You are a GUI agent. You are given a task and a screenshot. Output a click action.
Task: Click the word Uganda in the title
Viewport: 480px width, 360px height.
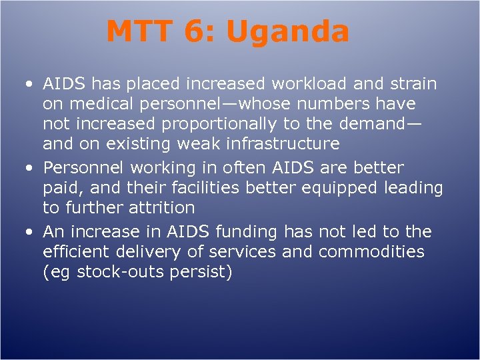coord(288,31)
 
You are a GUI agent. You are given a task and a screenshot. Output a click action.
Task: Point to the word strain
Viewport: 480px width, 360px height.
coord(412,84)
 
